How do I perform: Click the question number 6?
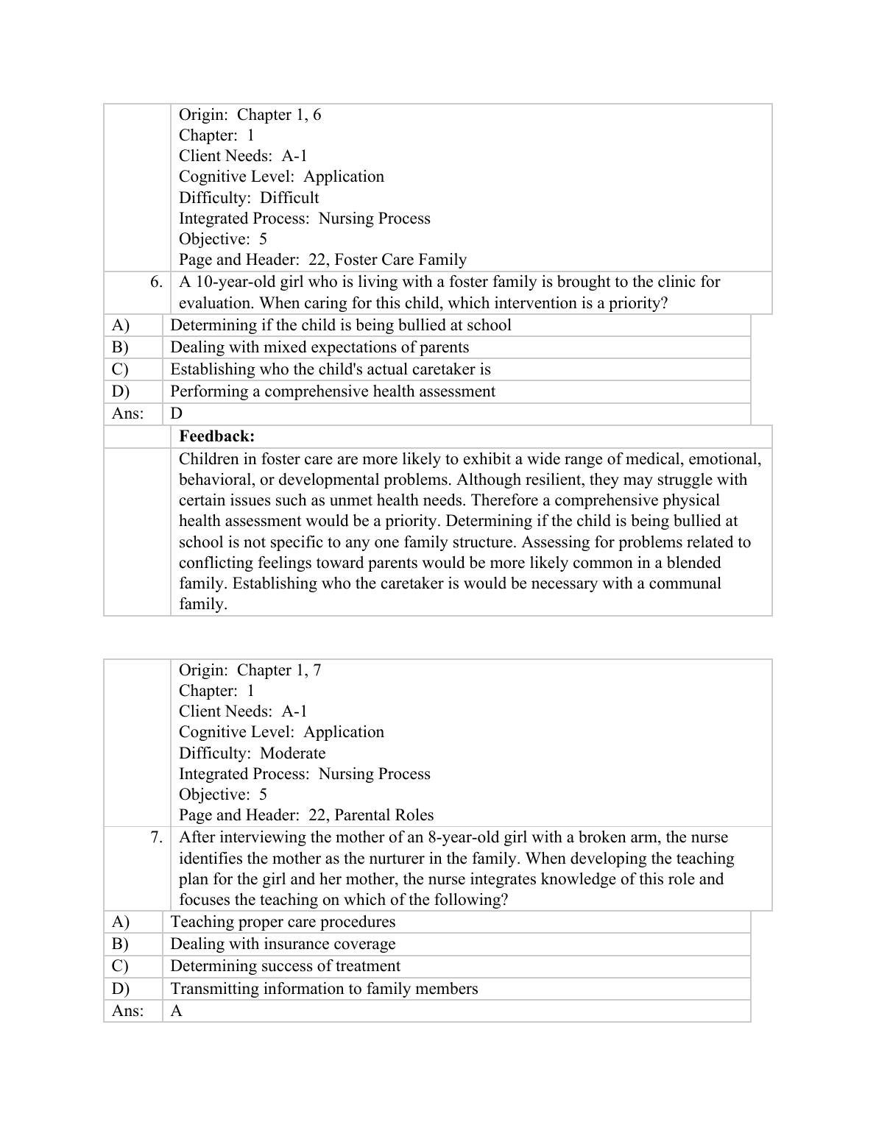tap(155, 282)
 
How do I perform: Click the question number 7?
tap(155, 837)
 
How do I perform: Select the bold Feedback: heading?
tap(216, 436)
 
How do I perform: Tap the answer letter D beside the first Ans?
tap(177, 413)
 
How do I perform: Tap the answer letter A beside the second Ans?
tap(177, 1011)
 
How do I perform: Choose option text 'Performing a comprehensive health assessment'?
tap(333, 391)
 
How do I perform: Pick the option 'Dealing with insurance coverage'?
tap(283, 944)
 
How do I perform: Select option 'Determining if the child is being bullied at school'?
tap(341, 325)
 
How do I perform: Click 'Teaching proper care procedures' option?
tap(283, 922)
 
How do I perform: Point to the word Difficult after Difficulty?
tap(289, 198)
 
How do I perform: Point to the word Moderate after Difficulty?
tap(292, 753)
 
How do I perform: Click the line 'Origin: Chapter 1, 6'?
tap(250, 115)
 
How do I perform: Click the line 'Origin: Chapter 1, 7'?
tap(250, 670)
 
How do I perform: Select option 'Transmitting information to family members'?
tap(324, 989)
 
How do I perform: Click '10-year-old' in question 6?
tap(232, 282)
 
